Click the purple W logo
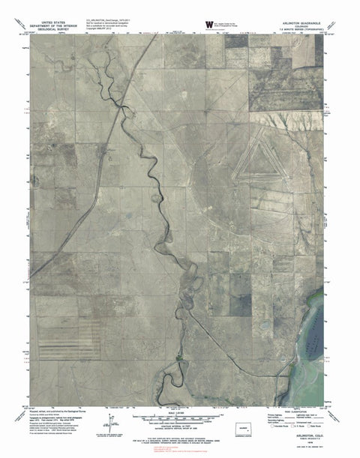[x=188, y=25]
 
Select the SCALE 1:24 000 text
[x=181, y=406]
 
